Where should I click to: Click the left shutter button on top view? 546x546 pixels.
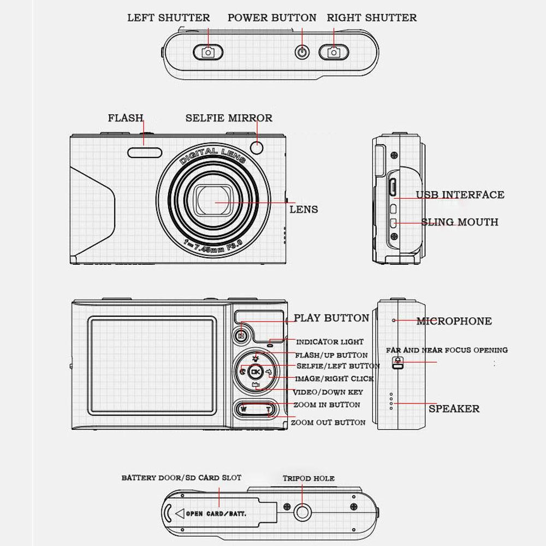[x=208, y=52]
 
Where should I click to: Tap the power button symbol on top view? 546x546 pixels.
[x=302, y=52]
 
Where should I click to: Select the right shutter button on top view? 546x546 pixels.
[x=334, y=52]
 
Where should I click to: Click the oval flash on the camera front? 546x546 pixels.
[x=145, y=152]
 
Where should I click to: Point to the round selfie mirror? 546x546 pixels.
[x=257, y=147]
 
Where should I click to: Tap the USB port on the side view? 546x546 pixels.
[x=393, y=186]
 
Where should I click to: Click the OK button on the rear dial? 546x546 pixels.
[x=256, y=372]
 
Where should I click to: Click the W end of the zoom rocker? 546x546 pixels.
[x=244, y=410]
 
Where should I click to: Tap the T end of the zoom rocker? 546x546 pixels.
[x=268, y=410]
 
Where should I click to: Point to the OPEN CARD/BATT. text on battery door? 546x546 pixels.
[x=216, y=513]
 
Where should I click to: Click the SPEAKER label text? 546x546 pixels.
[x=454, y=408]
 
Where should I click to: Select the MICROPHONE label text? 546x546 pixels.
[x=454, y=321]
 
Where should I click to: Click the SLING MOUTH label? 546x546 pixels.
[x=460, y=222]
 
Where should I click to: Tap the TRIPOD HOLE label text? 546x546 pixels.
[x=308, y=478]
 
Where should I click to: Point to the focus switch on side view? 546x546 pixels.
[x=397, y=363]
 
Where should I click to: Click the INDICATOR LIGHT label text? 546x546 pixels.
[x=329, y=342]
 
